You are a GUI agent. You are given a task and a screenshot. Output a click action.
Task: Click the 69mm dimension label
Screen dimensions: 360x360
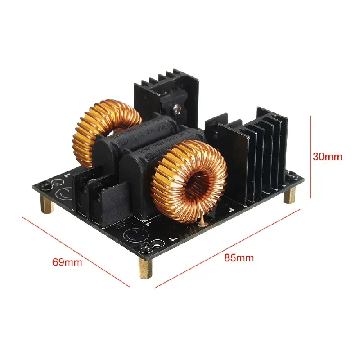pyautogui.click(x=67, y=262)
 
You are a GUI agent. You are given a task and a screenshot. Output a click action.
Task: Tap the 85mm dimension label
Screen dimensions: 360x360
pyautogui.click(x=239, y=258)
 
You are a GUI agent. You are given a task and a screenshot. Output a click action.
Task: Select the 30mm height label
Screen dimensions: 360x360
pyautogui.click(x=328, y=157)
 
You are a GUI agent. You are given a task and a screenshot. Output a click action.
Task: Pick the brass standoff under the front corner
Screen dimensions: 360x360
pyautogui.click(x=147, y=268)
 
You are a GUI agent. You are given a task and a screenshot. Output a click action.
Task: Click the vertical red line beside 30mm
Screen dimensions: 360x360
pyautogui.click(x=310, y=157)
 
